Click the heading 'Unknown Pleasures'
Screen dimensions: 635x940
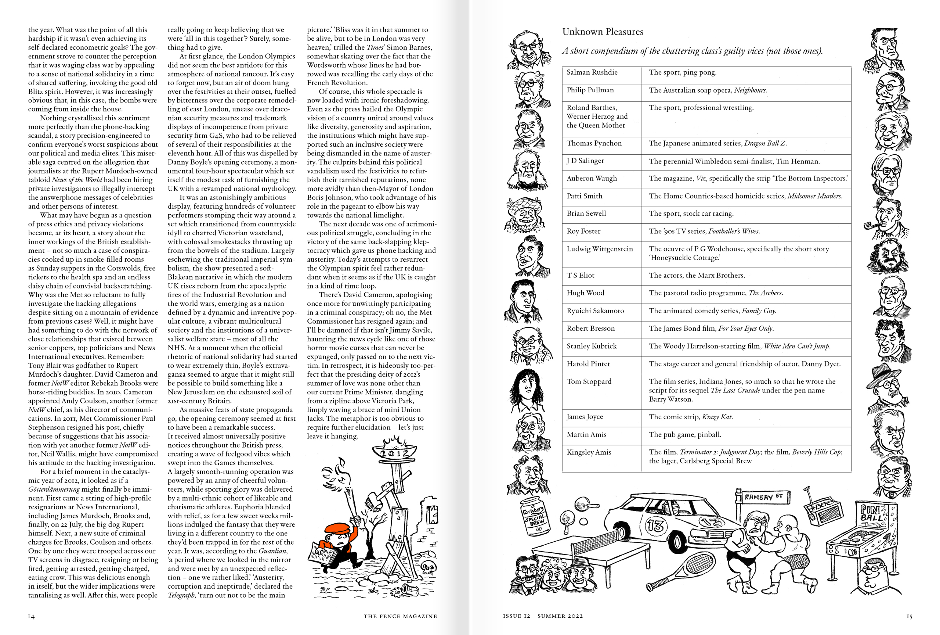(x=602, y=32)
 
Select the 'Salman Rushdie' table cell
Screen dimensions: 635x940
(x=592, y=72)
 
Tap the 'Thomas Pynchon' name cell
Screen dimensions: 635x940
(x=594, y=143)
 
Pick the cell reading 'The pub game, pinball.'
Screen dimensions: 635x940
(x=685, y=435)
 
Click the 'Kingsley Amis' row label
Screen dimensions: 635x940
(x=589, y=452)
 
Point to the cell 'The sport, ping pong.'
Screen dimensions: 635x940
(x=682, y=72)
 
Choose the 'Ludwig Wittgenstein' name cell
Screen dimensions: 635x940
(x=599, y=249)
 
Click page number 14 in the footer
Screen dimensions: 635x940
(x=31, y=616)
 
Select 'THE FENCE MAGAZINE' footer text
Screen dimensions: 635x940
(x=400, y=616)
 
